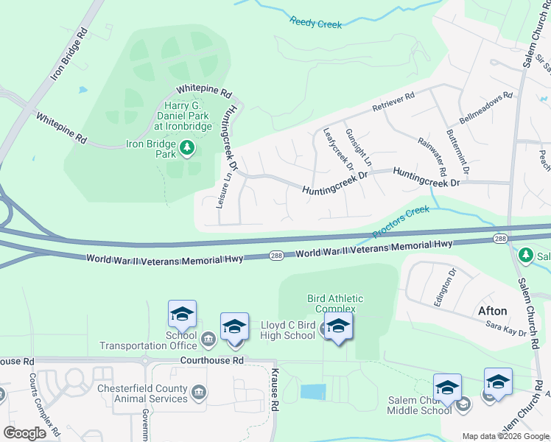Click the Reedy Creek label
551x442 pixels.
(316, 24)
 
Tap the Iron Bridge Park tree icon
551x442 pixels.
(188, 149)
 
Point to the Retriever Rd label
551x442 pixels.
(393, 102)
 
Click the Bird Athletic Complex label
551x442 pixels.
(335, 304)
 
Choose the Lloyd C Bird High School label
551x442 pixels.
(288, 330)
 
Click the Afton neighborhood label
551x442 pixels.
(493, 309)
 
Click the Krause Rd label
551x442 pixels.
(274, 389)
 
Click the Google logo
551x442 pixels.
(25, 433)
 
